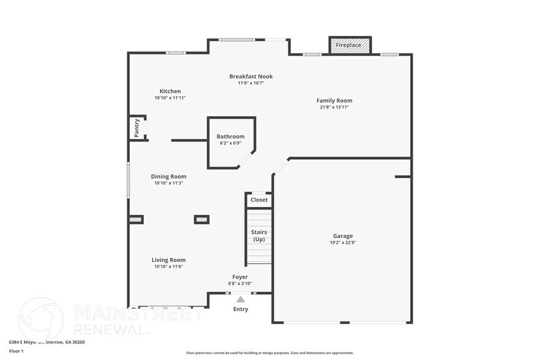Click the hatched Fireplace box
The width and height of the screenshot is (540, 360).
click(x=350, y=45)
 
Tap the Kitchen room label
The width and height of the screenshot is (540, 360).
click(x=170, y=91)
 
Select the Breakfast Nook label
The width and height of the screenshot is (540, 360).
click(x=251, y=77)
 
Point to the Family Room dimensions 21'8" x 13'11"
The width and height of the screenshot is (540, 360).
click(x=334, y=107)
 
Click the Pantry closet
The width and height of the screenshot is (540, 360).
click(x=137, y=127)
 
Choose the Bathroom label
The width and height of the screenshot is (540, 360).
click(x=230, y=137)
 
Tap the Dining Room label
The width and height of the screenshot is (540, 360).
click(x=169, y=176)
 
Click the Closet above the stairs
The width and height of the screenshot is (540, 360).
click(x=259, y=200)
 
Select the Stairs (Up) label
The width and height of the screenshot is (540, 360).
click(x=259, y=236)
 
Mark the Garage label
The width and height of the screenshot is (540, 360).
click(x=343, y=236)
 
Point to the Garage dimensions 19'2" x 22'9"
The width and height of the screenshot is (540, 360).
click(x=343, y=242)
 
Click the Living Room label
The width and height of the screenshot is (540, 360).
click(x=169, y=260)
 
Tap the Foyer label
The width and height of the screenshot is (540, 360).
click(x=240, y=277)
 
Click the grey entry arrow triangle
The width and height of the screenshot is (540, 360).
click(x=241, y=299)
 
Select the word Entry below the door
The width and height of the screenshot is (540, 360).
click(x=241, y=309)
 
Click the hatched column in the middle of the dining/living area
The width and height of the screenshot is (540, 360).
click(x=201, y=219)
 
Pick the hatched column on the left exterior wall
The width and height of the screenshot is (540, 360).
click(x=136, y=219)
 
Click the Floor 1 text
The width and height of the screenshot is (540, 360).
click(x=17, y=351)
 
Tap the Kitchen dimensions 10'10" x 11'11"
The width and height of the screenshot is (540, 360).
click(x=170, y=98)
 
